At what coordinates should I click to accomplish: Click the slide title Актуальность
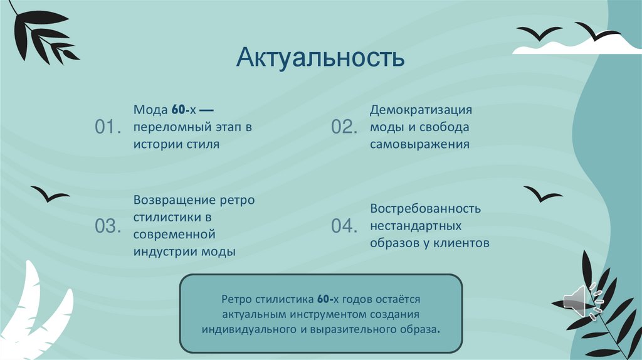[320, 58]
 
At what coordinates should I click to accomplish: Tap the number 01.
[107, 127]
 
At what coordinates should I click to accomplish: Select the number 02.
[344, 127]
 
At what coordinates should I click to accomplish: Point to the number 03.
[107, 226]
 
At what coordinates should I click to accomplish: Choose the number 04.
[344, 226]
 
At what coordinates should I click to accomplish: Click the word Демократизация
[420, 110]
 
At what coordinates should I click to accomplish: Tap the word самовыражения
[419, 145]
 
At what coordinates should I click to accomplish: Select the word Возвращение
[167, 199]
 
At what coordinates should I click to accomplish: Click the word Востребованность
[425, 208]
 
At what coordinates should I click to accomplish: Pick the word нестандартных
[416, 225]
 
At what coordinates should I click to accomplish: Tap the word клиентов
[463, 243]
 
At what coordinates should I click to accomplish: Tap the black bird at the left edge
[50, 194]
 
